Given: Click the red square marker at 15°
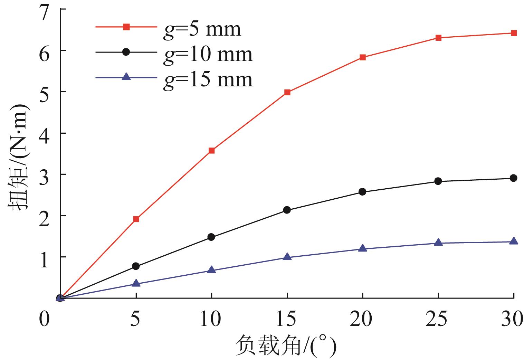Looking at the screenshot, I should tap(287, 92).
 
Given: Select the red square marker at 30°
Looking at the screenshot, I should tap(514, 33).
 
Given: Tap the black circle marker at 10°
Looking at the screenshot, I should tap(211, 237).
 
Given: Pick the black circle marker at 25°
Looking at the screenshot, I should tap(438, 181).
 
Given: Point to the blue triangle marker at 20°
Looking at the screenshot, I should tap(363, 248).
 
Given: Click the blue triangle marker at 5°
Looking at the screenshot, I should tap(136, 283).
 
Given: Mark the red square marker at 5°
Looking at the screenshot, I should tap(136, 219).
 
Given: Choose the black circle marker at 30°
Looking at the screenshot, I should tap(514, 178).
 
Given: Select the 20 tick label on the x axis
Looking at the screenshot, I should tap(361, 319).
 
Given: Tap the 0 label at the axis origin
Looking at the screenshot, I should tap(44, 319).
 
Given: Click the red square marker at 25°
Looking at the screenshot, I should tap(438, 38).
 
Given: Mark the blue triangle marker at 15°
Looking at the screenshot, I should tap(287, 257).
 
